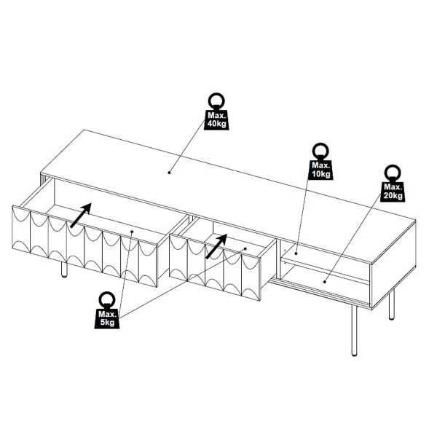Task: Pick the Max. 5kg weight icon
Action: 107,310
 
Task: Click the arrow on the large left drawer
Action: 81,215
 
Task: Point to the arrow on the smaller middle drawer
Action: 216,246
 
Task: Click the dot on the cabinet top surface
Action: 169,173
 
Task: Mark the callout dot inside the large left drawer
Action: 132,232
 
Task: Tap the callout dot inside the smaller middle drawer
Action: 245,248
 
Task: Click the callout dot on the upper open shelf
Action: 296,253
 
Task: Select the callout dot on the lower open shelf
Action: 325,282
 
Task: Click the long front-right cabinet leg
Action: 354,331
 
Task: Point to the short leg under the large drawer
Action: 64,269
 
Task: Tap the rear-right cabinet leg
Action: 392,304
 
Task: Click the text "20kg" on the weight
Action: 393,195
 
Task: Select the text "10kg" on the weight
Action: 320,174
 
